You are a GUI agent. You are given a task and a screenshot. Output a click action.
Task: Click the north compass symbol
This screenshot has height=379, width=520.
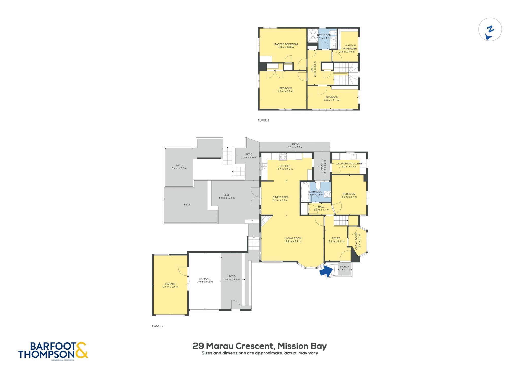coord(490,29)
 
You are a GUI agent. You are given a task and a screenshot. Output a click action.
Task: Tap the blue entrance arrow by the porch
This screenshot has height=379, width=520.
coord(327,272)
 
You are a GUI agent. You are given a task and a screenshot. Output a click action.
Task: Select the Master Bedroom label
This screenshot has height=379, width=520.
coord(286,46)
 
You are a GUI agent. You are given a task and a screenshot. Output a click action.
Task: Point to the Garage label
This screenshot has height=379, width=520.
coord(170,285)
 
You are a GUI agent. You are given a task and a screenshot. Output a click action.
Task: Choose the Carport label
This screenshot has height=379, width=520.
coord(205,280)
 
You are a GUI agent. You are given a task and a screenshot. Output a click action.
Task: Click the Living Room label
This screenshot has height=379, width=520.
coord(293,240)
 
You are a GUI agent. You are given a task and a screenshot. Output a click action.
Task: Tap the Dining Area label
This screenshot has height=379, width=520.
coord(281,198)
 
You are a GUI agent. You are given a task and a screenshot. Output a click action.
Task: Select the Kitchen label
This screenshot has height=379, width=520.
coord(285,167)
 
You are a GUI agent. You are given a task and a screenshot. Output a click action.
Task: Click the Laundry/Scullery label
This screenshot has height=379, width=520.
coord(349,165)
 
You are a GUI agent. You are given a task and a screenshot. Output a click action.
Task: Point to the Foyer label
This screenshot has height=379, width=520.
coord(336,240)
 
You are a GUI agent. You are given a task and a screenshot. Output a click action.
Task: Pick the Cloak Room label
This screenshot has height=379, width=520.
coord(358,241)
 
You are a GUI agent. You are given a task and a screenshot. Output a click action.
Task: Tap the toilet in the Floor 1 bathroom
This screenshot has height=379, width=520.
coord(318,185)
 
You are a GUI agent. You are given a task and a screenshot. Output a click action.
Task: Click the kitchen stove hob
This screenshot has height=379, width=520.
coord(283,157)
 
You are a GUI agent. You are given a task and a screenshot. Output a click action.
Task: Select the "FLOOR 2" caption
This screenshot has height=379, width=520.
coord(264,120)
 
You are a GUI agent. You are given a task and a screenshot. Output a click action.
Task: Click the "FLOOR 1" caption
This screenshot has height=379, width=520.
coord(157,326)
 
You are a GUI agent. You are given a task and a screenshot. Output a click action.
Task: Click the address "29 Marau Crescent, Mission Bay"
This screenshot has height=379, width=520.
coord(259,346)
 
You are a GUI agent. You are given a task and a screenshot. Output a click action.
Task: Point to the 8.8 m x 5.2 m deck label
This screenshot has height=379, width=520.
coord(227,196)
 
